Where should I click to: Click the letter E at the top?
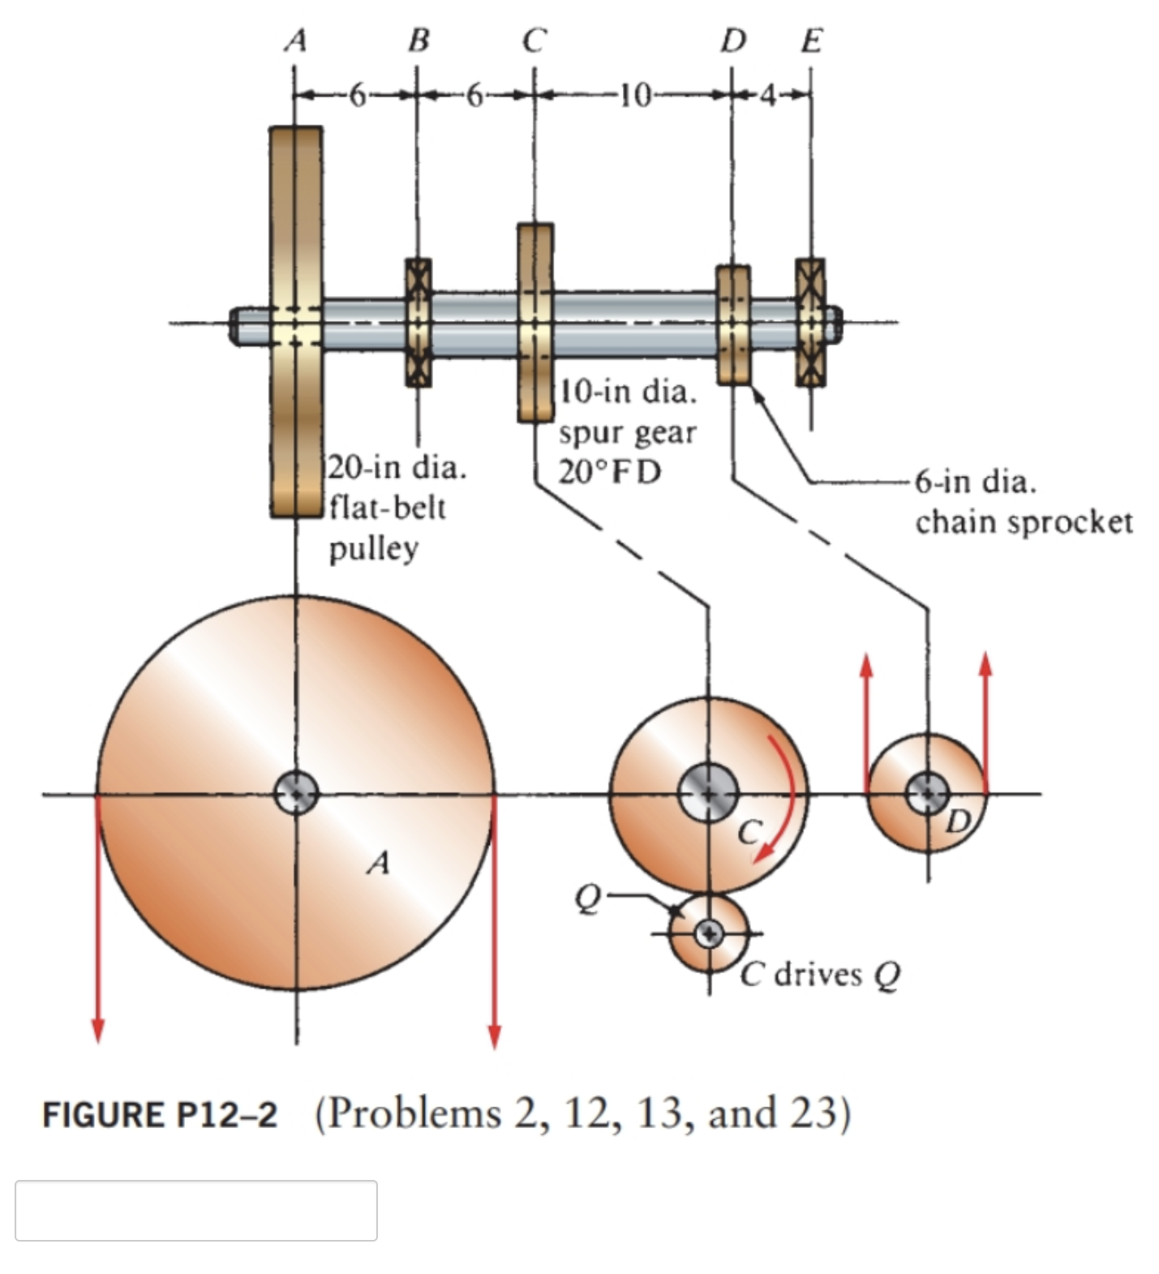(x=811, y=39)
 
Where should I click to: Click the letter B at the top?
(x=418, y=39)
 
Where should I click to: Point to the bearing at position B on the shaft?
(x=419, y=322)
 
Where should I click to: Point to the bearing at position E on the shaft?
(x=810, y=322)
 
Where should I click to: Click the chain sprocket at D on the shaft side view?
(x=733, y=324)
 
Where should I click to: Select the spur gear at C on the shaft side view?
(x=535, y=323)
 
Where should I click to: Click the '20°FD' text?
(x=610, y=471)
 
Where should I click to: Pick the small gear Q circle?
(x=709, y=933)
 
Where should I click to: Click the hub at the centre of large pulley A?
(x=296, y=793)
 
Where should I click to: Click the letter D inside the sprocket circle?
(x=959, y=821)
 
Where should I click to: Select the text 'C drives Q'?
(x=820, y=975)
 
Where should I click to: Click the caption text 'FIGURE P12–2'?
(x=160, y=1114)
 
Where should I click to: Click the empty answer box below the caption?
(x=195, y=1210)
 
